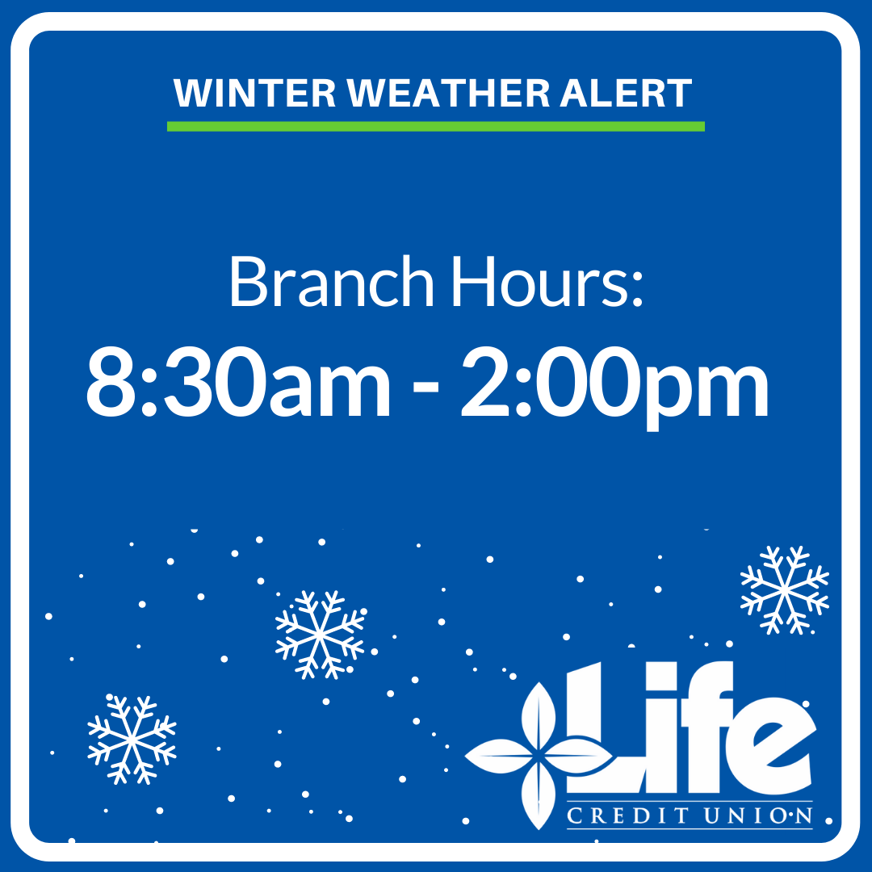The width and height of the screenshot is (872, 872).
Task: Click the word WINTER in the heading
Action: [254, 93]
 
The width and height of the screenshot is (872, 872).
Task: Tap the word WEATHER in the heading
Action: [450, 93]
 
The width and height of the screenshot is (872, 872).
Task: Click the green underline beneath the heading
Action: [436, 126]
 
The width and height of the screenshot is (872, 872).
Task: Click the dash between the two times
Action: [426, 387]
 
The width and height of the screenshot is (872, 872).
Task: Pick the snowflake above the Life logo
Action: [785, 590]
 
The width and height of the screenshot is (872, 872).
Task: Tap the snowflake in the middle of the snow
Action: [321, 635]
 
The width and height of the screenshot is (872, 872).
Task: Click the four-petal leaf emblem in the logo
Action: [539, 756]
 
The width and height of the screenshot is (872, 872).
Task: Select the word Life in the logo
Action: [690, 727]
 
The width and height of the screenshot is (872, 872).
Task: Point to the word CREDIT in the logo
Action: [627, 815]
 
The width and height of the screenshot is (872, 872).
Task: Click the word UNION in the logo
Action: [758, 815]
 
